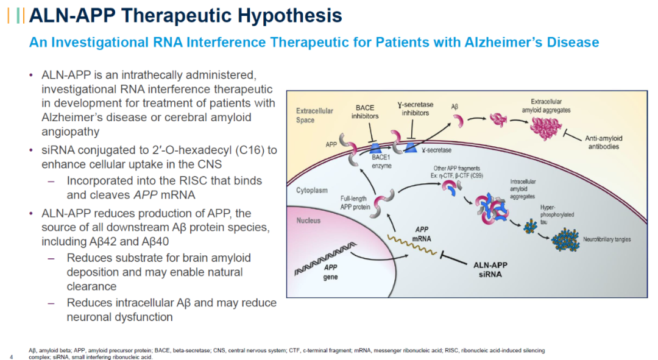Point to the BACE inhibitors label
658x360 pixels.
pos(365,112)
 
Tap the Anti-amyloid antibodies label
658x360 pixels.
pos(603,142)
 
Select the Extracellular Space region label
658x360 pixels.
pos(314,116)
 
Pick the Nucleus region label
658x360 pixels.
pos(308,221)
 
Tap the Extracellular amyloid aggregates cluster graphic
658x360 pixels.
pos(545,129)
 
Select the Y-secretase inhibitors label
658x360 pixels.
pos(414,108)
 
